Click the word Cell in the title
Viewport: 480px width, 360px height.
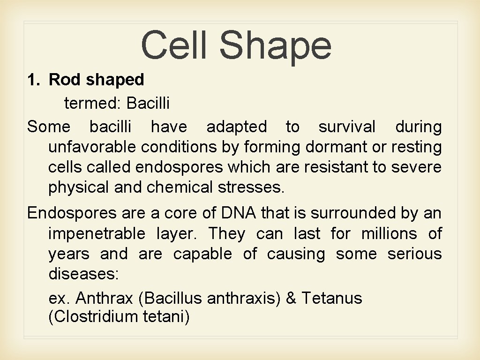coord(173,45)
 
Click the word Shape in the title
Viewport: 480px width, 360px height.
coord(275,45)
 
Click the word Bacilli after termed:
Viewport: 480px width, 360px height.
coord(148,103)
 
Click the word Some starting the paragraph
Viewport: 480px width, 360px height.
coord(49,127)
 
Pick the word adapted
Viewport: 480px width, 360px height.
coord(236,127)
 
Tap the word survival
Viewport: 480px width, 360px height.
coord(347,127)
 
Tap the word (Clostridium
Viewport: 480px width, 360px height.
coord(92,317)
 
